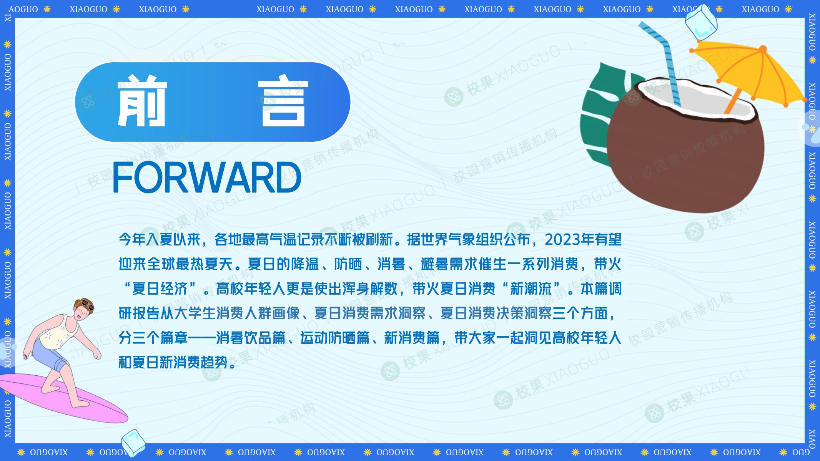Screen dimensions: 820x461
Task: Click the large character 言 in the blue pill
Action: pos(283,103)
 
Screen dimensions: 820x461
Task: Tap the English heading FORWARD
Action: pos(207,177)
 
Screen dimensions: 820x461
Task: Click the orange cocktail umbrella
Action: pos(750,73)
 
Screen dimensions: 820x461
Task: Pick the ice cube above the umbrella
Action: pos(702,22)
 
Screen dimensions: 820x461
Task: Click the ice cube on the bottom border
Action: pos(133,443)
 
